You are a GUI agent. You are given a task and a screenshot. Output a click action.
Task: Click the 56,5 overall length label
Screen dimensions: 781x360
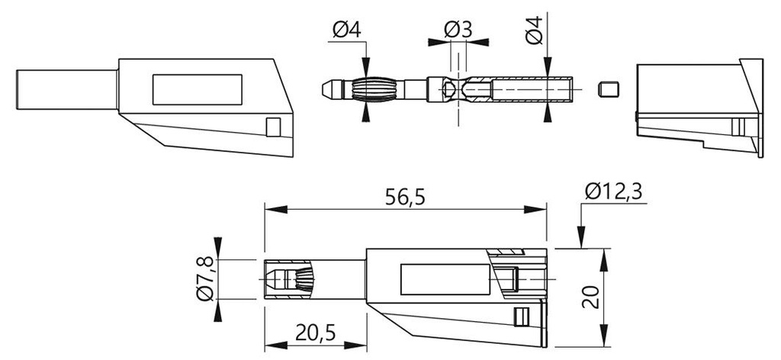[405, 198]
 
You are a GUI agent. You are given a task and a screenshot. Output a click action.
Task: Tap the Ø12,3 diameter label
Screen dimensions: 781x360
[613, 191]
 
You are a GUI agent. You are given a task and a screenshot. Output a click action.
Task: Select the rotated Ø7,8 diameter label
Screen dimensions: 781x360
[204, 279]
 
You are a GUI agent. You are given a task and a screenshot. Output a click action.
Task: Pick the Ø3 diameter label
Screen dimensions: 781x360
[458, 31]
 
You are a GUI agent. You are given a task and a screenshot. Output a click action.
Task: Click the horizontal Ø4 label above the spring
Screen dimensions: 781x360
[347, 31]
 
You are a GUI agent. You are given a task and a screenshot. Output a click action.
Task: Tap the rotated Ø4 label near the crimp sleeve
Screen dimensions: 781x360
[534, 31]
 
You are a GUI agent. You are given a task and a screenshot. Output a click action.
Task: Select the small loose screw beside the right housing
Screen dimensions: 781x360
[608, 89]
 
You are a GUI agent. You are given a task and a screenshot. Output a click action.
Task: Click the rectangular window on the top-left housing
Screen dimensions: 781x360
[198, 90]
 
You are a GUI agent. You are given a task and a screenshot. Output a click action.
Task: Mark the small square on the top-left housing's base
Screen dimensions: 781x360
[274, 127]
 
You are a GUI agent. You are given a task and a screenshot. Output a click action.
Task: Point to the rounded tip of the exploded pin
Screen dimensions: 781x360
[327, 90]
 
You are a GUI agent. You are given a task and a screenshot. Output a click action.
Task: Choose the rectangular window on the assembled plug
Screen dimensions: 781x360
[445, 279]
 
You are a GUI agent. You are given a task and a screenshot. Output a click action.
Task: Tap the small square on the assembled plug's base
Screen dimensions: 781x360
[522, 317]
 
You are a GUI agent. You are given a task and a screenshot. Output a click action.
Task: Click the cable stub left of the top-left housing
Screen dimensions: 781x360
[67, 90]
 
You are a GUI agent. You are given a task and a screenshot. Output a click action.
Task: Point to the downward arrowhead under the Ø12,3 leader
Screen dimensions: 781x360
[580, 236]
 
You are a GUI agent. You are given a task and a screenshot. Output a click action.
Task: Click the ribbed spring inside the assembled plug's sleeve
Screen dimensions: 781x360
[304, 280]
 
